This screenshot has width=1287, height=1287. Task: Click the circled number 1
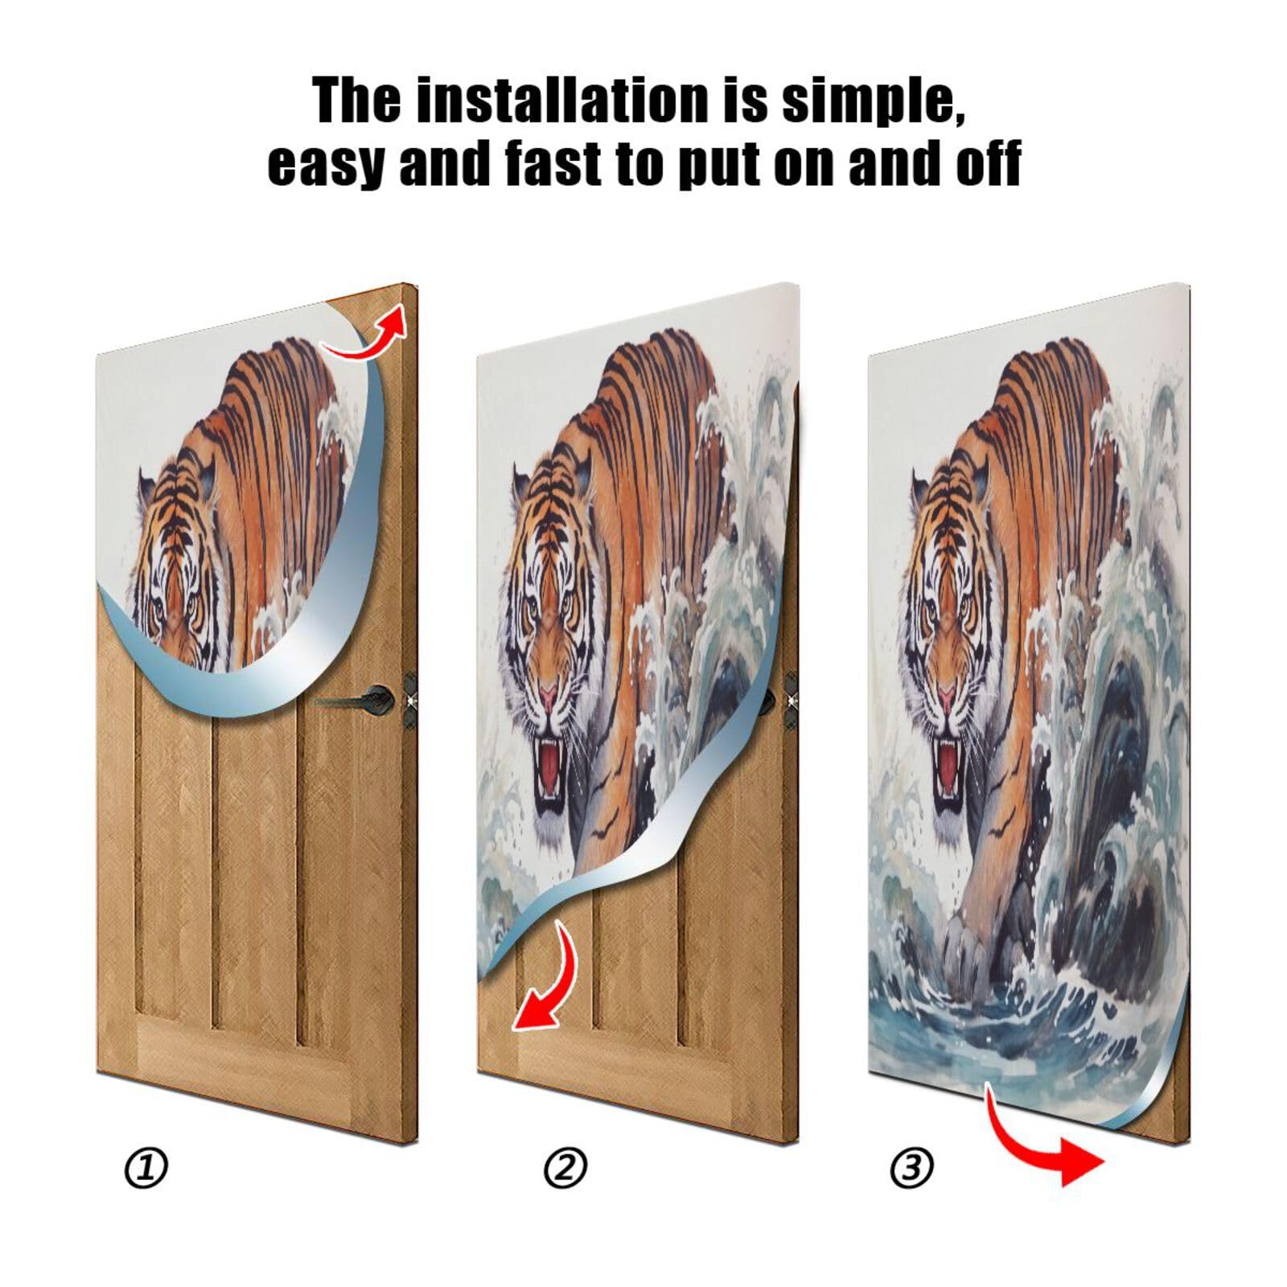[x=146, y=1168]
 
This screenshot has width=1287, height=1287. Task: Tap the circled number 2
[x=565, y=1168]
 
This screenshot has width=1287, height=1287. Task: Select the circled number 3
[x=911, y=1168]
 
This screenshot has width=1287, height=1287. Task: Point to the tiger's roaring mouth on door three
[x=950, y=764]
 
